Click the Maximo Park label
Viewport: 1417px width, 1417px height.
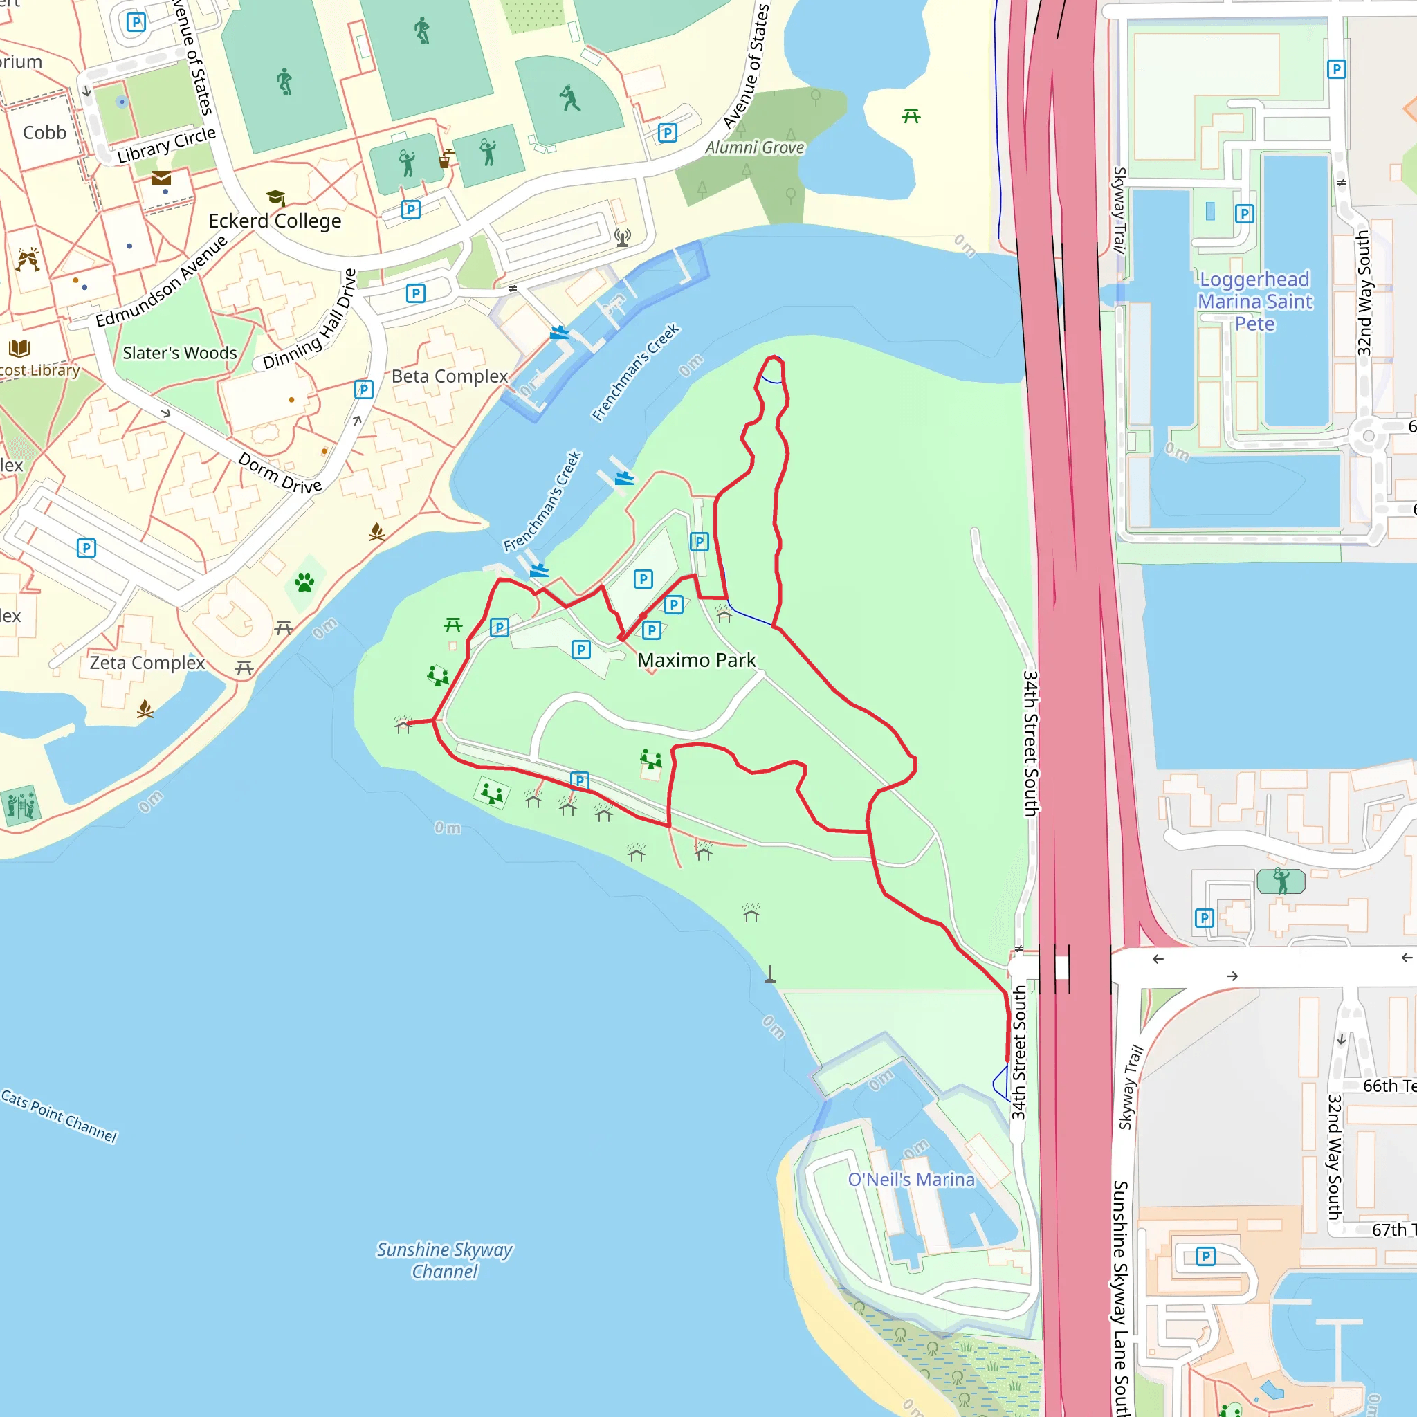point(696,660)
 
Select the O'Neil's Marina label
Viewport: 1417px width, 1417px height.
point(911,1180)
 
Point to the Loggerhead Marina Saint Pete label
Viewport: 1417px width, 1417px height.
point(1254,302)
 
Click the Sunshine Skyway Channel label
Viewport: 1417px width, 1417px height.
point(444,1260)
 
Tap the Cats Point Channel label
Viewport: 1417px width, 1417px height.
point(59,1115)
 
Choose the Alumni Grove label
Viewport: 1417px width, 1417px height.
point(755,147)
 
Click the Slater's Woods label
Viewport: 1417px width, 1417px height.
point(180,353)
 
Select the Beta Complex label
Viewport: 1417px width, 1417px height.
point(449,376)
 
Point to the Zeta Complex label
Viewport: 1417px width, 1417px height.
point(147,662)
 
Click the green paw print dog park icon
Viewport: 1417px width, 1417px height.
point(304,583)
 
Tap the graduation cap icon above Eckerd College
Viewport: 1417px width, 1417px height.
point(276,197)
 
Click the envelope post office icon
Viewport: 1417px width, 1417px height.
point(161,178)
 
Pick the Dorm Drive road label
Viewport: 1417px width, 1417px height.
point(280,473)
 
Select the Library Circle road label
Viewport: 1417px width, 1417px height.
point(167,144)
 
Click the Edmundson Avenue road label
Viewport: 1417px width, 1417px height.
point(161,282)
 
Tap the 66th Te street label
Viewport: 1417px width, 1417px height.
point(1389,1086)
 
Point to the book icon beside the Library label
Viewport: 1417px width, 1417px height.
point(19,347)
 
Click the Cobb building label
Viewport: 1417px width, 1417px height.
point(44,133)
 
